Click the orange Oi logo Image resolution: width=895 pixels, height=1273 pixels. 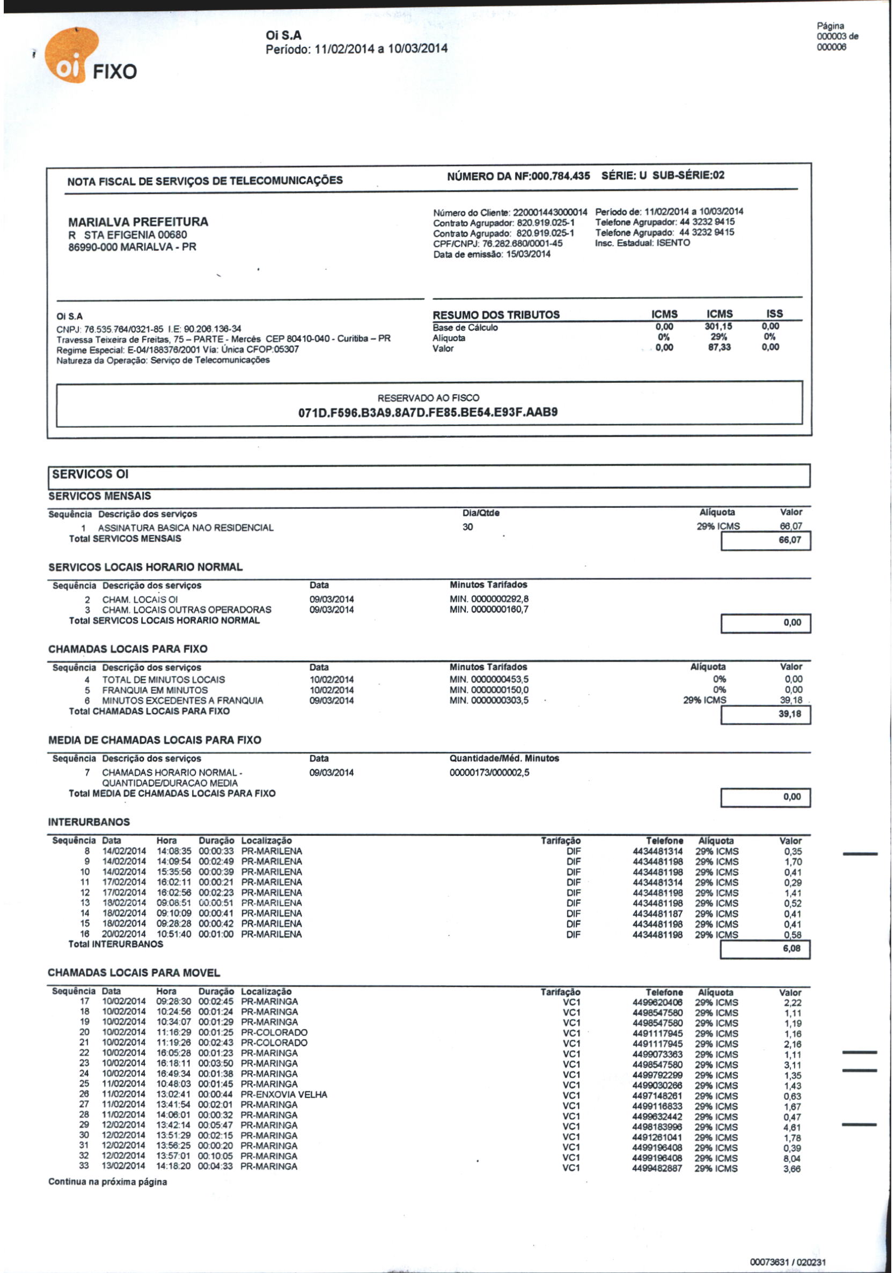70,56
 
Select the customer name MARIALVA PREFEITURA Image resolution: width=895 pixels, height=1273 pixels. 138,222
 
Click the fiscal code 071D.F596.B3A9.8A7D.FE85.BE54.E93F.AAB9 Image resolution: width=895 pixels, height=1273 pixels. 428,412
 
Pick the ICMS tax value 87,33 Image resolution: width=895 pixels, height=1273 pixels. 719,347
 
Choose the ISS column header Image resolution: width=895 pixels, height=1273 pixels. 774,314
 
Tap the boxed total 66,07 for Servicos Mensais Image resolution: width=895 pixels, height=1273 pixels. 790,540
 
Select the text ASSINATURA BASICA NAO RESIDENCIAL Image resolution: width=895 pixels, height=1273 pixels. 186,528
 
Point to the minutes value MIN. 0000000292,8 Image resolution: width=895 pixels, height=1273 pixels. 489,599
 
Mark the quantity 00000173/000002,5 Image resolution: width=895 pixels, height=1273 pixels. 489,772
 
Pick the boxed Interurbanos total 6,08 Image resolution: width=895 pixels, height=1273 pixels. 791,949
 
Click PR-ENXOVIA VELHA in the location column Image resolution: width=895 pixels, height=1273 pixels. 283,1094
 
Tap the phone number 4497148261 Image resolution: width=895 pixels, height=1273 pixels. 657,1096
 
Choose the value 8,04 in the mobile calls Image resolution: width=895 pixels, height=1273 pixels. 792,1158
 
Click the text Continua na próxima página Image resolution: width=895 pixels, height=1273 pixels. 107,1182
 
